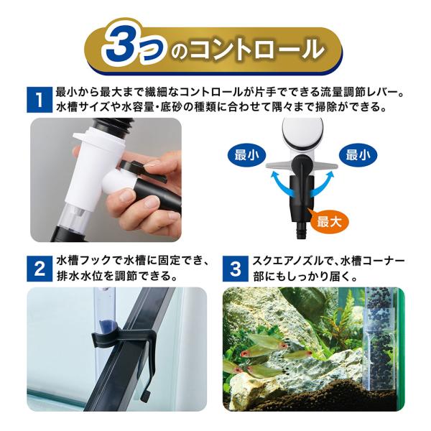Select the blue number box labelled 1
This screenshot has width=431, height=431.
(40, 100)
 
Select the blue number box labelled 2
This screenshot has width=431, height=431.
(40, 269)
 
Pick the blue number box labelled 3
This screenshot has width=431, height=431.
(236, 269)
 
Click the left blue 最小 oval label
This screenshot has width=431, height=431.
(246, 156)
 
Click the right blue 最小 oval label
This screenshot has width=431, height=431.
(358, 156)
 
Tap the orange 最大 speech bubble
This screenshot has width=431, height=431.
(328, 221)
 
